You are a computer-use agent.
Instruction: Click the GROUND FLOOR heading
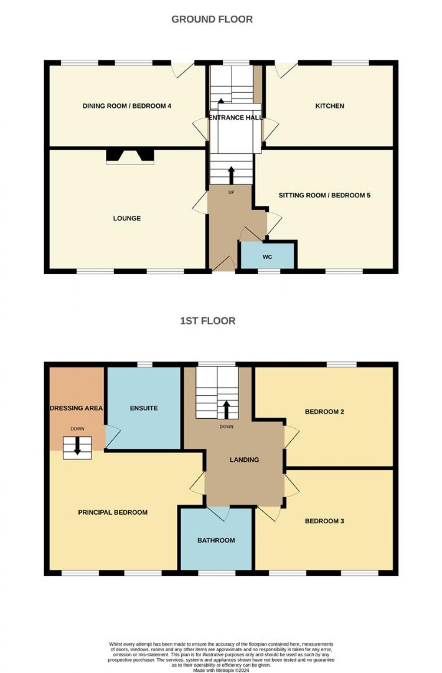coord(212,19)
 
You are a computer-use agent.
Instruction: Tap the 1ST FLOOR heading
coord(208,321)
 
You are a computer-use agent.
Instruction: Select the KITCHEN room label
coord(329,106)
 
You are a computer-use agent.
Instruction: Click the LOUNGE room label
coord(127,218)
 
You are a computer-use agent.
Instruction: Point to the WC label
coord(267,256)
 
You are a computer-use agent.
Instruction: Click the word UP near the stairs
coord(231,192)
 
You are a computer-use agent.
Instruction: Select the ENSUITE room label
coord(144,408)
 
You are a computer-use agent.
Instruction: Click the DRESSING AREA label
coord(76,408)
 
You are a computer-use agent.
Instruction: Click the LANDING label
coord(244,460)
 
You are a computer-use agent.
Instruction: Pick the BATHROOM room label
coord(216,540)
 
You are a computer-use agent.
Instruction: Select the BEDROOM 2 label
coord(325,412)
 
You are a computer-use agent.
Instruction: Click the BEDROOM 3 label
coord(325,521)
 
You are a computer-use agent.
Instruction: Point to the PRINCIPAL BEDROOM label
coord(113,512)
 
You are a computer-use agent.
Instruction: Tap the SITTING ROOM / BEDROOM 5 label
coord(325,195)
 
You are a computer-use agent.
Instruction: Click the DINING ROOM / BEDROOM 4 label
coord(127,106)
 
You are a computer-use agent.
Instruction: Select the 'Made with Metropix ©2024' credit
coord(221,670)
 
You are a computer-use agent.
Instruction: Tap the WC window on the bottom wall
coord(269,271)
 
